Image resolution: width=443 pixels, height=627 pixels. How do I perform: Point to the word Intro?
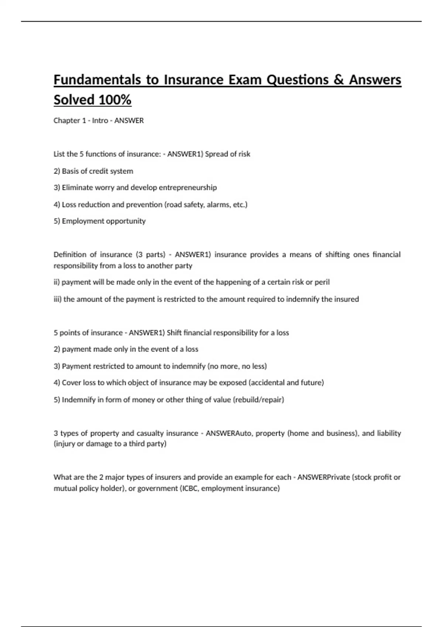pyautogui.click(x=100, y=121)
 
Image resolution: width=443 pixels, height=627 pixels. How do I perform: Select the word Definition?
pyautogui.click(x=72, y=254)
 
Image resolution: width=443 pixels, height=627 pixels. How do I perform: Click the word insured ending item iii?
pyautogui.click(x=347, y=299)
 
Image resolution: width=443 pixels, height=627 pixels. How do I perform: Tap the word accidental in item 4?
pyautogui.click(x=268, y=383)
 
